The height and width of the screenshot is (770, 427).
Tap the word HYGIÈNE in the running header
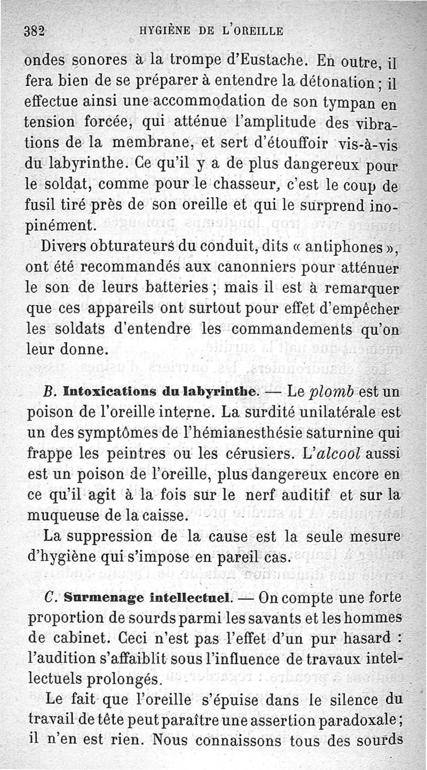click(160, 30)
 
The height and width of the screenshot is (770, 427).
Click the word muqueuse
click(57, 517)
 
